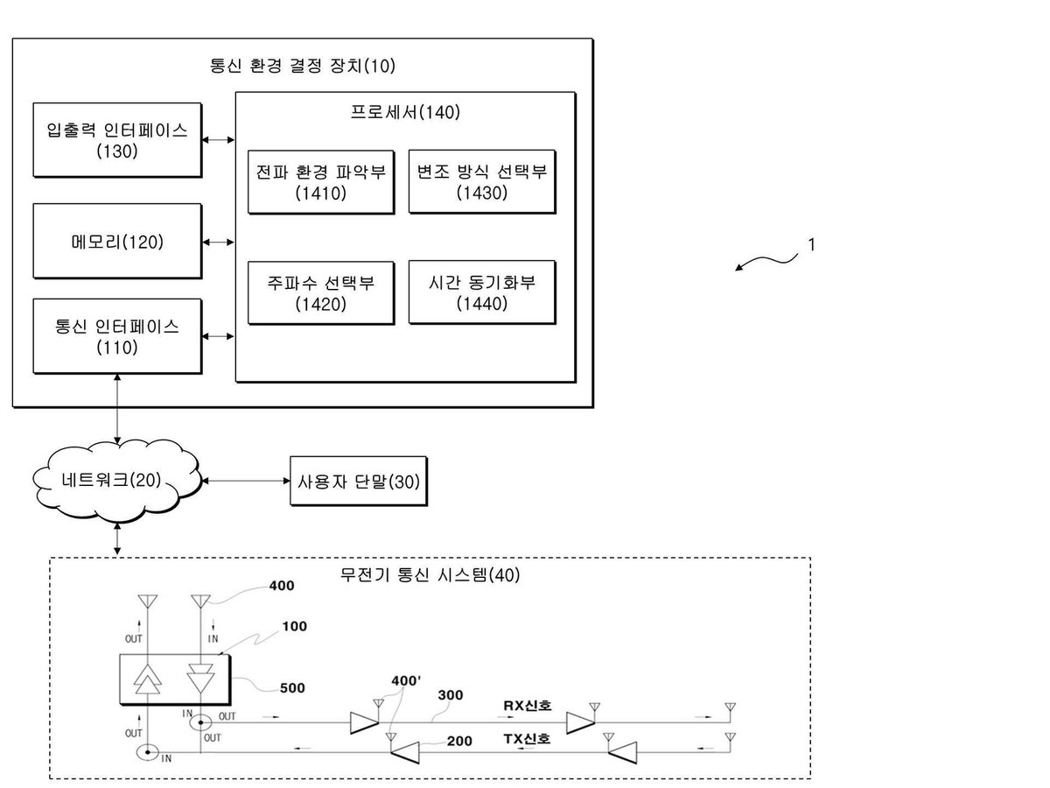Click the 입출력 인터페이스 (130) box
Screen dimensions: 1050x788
[117, 140]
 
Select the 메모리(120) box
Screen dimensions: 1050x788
[117, 241]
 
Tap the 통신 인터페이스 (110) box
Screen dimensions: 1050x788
[117, 336]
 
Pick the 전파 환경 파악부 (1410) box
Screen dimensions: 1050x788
[321, 182]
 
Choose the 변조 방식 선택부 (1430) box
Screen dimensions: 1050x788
[482, 181]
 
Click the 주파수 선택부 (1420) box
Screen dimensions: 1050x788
[321, 292]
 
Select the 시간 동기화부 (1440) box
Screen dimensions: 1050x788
[482, 292]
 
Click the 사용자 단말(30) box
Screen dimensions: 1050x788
[359, 481]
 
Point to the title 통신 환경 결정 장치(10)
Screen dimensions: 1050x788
[303, 66]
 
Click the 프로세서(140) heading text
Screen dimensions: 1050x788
[405, 112]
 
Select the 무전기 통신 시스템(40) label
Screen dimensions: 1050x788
[430, 574]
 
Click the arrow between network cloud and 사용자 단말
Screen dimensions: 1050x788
[247, 481]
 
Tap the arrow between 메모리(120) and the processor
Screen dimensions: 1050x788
[218, 243]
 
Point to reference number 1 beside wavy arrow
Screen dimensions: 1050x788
[811, 244]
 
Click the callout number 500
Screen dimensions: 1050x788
[292, 688]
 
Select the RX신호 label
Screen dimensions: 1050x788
[528, 705]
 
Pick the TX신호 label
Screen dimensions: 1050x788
[527, 738]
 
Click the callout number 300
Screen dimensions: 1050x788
[451, 694]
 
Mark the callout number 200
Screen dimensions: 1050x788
[459, 741]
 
